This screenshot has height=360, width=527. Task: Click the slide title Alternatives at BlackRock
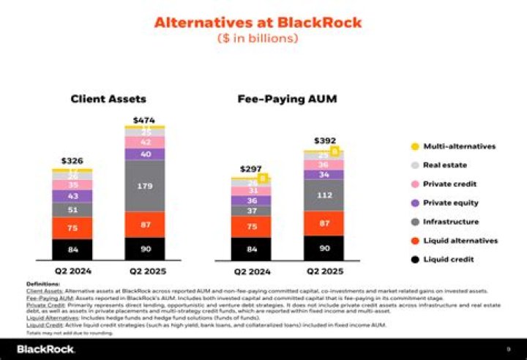coord(258,22)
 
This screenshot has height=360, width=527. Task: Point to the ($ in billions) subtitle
coord(258,38)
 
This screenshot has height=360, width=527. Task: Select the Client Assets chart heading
coord(108,99)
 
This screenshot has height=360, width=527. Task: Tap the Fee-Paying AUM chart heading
coord(287,99)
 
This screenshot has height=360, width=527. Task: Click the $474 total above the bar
coord(143,119)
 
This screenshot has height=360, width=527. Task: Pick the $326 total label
coord(72,160)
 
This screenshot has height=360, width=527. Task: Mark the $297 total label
coord(250,168)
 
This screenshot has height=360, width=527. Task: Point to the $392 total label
coord(324,140)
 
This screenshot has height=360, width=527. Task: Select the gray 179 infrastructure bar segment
coord(143,186)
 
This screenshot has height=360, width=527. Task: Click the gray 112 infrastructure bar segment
coord(324,195)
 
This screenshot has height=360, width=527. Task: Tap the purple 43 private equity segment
coord(72,196)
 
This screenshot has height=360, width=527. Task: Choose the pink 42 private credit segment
coord(143,142)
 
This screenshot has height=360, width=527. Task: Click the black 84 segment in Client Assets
coord(72,249)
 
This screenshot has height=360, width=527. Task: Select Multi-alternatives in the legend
coord(459,146)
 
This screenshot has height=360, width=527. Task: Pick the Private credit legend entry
coord(449,184)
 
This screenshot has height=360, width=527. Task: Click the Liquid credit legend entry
coord(448,259)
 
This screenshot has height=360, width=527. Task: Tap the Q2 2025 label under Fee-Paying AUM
coord(324,271)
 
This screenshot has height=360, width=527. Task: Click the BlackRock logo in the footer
coord(45,349)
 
